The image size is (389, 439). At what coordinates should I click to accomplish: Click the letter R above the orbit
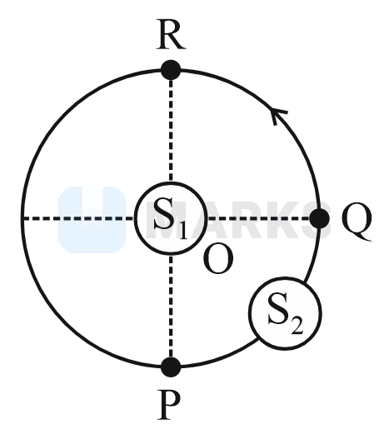coord(171,35)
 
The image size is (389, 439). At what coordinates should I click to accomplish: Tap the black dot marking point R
coord(171,70)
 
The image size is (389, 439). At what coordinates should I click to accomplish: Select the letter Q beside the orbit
coord(357,222)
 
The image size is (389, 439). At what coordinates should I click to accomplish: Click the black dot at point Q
coord(319,218)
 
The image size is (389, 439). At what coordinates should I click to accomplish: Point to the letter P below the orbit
coord(168,405)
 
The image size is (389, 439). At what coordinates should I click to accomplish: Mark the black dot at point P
coord(171,367)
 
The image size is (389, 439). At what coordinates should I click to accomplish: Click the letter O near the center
coord(218,260)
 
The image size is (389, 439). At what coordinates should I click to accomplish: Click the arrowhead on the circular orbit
coord(278,114)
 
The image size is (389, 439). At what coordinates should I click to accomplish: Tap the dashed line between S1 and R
coord(171,131)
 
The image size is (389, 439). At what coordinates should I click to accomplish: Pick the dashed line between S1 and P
coord(171,306)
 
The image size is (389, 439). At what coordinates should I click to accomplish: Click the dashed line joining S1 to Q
coord(258,218)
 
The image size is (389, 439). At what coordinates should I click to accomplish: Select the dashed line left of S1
coord(78,218)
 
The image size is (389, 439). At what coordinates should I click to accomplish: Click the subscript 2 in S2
coord(297,326)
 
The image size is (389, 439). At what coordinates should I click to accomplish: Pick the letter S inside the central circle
coord(164,213)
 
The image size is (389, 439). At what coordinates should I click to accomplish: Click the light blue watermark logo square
coord(92,220)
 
